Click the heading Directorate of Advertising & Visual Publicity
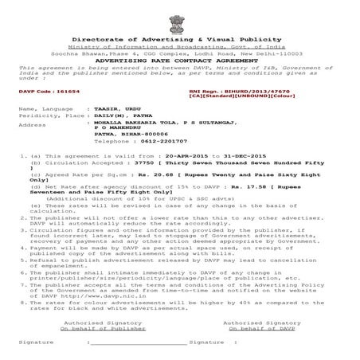coord(179,39)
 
